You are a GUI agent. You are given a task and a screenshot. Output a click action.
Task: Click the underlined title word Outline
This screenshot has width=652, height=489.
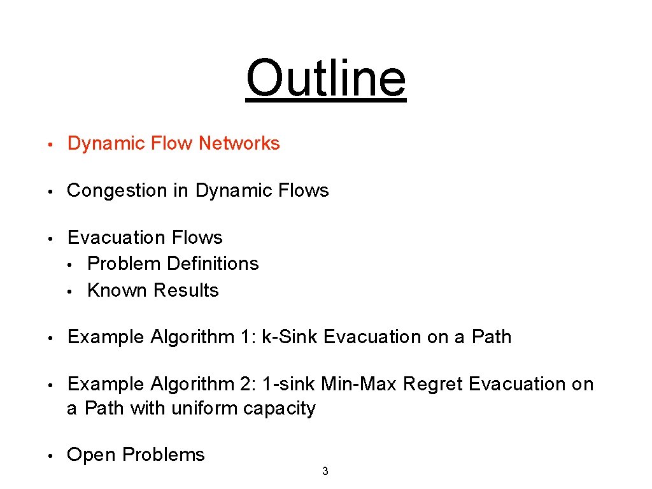(x=325, y=78)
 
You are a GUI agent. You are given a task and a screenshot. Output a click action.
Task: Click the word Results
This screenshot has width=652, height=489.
(x=186, y=290)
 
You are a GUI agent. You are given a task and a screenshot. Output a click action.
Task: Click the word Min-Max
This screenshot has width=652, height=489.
(x=360, y=384)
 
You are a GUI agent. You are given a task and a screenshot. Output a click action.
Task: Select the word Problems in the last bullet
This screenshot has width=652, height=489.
(x=164, y=455)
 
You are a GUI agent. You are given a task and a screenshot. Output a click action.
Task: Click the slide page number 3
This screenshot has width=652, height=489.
(x=325, y=472)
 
